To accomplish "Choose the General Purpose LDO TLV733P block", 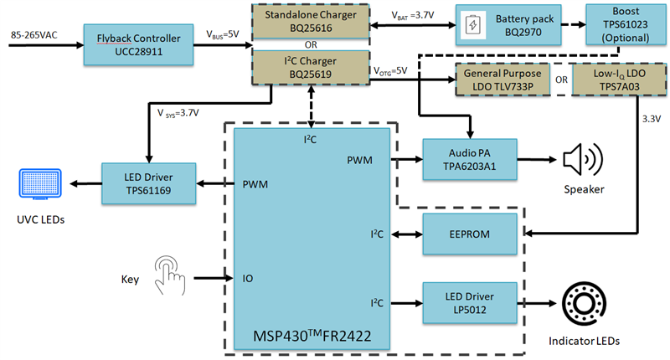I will [500, 81].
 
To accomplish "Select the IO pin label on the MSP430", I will [250, 276].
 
